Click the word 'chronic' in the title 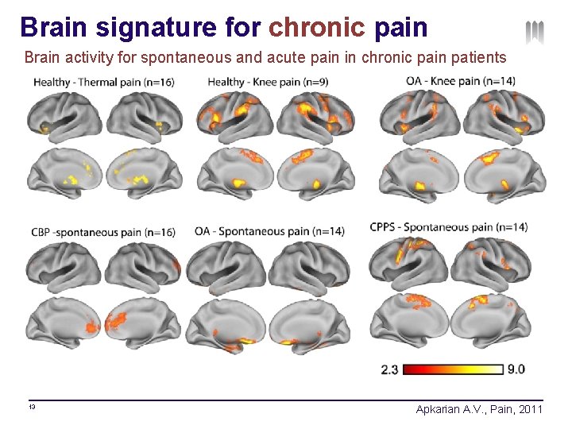(316, 27)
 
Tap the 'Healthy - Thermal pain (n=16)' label (103, 82)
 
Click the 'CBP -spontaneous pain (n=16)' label (103, 233)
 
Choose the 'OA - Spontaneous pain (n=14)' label (269, 231)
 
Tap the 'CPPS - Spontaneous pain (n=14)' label (448, 227)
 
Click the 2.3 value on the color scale (390, 369)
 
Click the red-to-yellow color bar (454, 369)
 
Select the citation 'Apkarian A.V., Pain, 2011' (479, 409)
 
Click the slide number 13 (32, 408)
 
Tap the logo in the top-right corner (535, 33)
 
